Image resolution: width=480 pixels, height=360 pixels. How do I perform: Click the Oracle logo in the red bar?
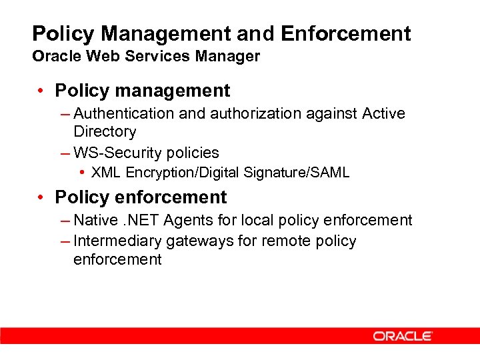coord(403,336)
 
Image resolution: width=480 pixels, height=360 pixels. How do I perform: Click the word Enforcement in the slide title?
coord(346,33)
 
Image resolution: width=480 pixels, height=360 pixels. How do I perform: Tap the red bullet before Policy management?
coord(41,91)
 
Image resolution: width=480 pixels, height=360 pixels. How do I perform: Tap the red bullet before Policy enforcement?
coord(41,197)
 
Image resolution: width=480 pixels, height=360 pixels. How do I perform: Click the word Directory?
coord(105,132)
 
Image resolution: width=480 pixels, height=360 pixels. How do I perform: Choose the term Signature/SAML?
coord(297,173)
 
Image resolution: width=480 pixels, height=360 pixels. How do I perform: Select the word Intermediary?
coord(117,241)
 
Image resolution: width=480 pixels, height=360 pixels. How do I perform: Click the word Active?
coord(384,114)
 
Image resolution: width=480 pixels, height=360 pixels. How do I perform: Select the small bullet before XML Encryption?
coord(81,173)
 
